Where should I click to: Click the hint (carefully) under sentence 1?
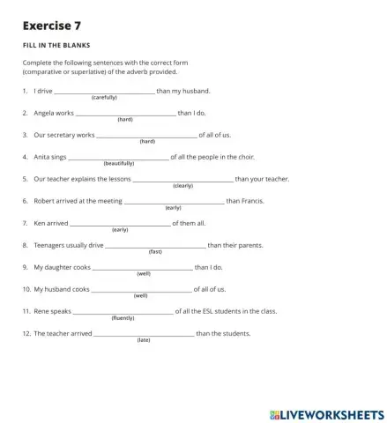coord(104,97)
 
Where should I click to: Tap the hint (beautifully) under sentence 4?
coord(119,163)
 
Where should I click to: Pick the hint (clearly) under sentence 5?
coord(182,185)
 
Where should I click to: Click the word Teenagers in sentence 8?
coord(51,245)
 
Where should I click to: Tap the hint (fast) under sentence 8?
coord(155,251)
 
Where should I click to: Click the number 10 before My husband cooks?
coord(26,289)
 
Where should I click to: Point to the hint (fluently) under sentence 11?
coord(123,317)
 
